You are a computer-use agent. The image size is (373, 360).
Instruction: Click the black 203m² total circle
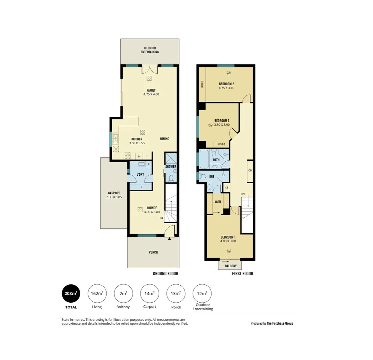71,294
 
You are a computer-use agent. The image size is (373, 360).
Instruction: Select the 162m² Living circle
97,294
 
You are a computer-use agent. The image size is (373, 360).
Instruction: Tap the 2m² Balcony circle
123,294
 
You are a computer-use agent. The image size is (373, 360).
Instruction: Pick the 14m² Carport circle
150,294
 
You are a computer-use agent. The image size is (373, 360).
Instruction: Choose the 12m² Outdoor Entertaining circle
202,294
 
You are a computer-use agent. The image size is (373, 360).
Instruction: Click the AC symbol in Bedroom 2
228,73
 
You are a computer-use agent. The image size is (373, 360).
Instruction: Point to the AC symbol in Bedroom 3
210,125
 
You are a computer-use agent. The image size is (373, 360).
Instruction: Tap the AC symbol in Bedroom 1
228,250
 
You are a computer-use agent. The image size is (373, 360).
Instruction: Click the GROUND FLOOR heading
165,274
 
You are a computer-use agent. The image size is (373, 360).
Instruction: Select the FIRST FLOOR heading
242,274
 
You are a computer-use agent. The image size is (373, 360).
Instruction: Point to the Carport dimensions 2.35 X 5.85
114,197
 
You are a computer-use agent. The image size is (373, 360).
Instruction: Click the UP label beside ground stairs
161,218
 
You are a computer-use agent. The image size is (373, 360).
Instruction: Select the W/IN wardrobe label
218,202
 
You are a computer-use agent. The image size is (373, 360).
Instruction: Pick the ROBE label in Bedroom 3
221,144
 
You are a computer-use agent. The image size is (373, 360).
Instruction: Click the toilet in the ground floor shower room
171,178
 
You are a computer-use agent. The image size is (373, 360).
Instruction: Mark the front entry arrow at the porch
169,239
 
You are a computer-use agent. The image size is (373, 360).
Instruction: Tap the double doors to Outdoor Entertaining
150,70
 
